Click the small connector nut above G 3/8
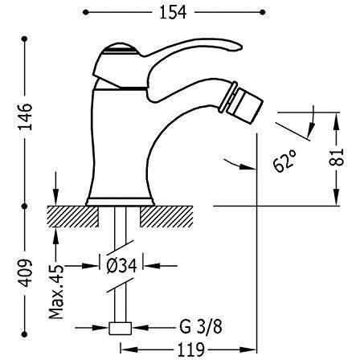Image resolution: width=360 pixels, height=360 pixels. point(121,329)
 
